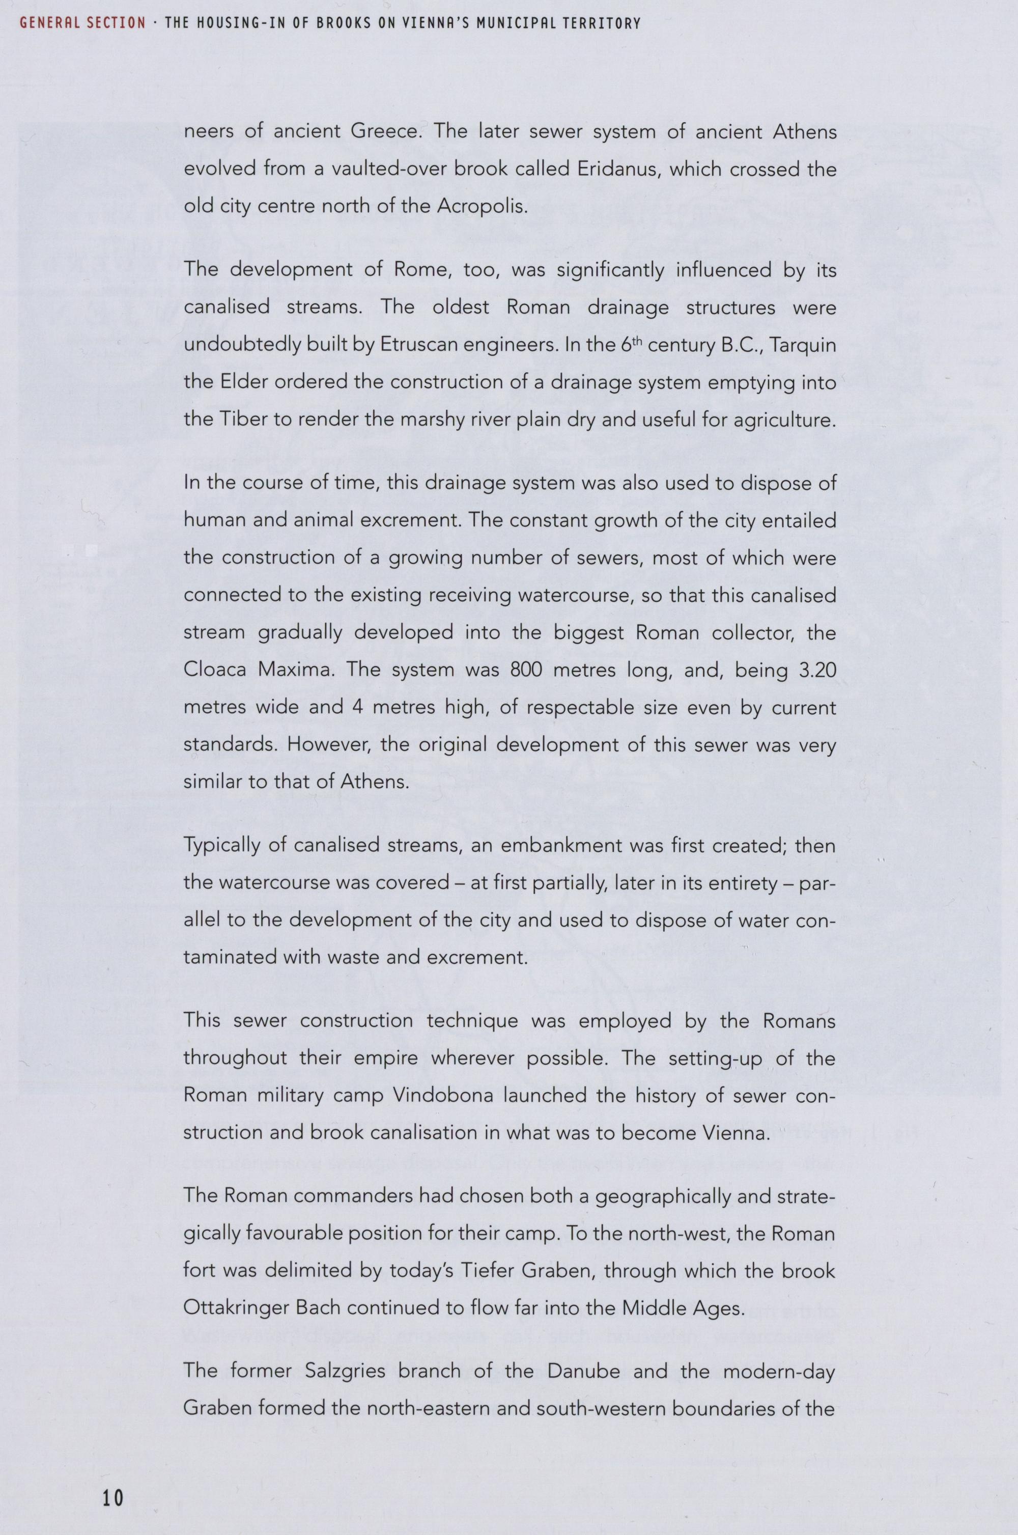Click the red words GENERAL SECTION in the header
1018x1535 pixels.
82,23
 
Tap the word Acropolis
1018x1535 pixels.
478,207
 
